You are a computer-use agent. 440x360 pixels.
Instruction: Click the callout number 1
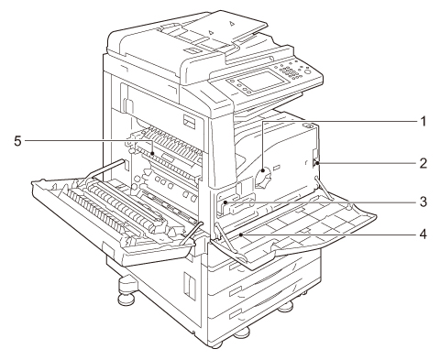(423, 122)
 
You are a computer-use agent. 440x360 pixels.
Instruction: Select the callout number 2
(423, 163)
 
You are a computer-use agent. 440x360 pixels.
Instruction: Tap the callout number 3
(423, 202)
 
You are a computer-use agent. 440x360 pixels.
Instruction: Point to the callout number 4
(423, 235)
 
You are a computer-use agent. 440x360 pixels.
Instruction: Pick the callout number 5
(18, 141)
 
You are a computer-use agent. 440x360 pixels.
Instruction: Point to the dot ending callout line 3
(225, 202)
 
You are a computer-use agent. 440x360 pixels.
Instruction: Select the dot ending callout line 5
(153, 153)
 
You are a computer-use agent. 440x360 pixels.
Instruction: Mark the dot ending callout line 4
(241, 235)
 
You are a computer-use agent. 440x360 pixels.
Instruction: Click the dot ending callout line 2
(318, 163)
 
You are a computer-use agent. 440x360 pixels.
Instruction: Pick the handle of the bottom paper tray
(236, 314)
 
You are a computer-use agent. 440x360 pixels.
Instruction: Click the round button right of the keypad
(308, 72)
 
